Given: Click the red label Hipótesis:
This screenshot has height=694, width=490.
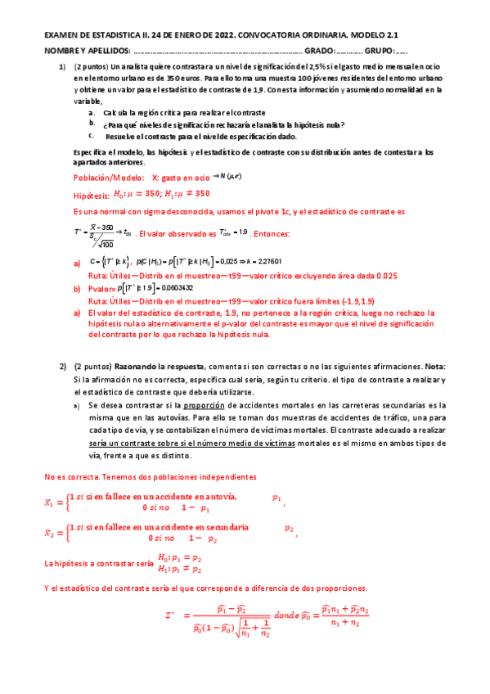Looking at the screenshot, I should (x=91, y=195).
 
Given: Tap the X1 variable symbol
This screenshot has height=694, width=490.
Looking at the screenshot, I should (x=52, y=502).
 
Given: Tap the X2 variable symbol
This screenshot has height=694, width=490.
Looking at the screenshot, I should (x=52, y=534).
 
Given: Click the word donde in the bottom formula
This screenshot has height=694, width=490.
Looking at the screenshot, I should (x=289, y=616).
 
